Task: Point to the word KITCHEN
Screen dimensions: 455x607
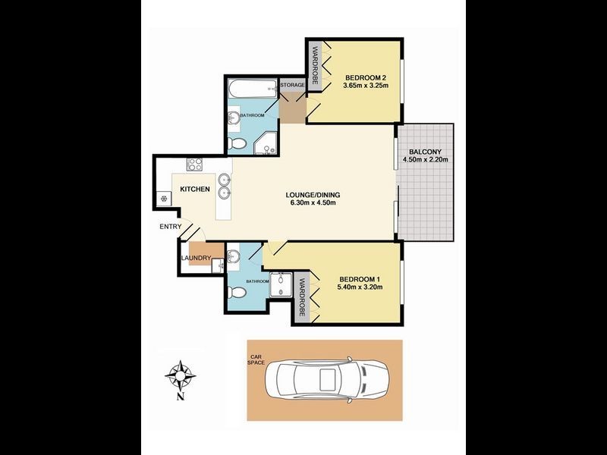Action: (x=194, y=189)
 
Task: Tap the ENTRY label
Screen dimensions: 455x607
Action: (x=170, y=227)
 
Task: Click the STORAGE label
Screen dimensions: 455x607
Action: (x=293, y=86)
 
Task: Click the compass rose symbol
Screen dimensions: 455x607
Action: (x=181, y=375)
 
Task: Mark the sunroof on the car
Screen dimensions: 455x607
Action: (x=327, y=378)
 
